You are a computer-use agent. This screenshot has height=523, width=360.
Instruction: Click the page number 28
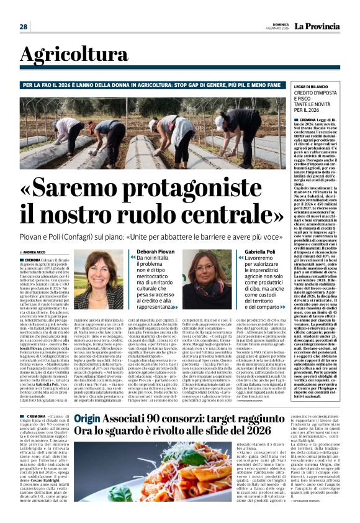pos(23,27)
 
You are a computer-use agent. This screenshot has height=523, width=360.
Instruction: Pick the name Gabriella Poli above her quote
pos(259,252)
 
